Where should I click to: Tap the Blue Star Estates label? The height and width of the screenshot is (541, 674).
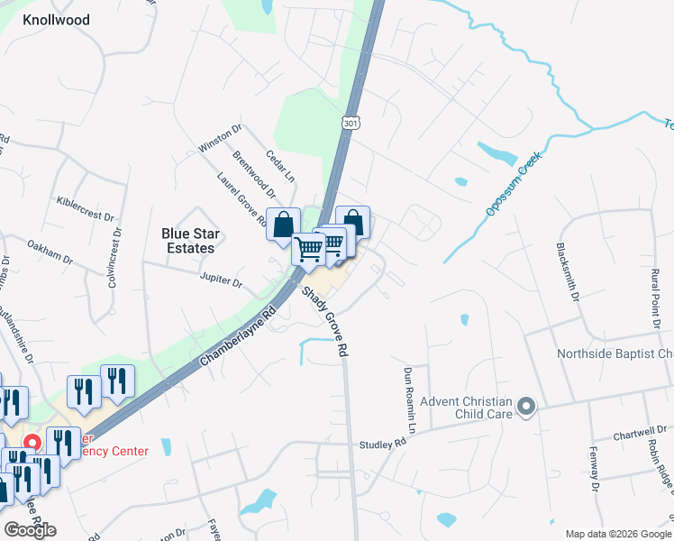click(x=188, y=240)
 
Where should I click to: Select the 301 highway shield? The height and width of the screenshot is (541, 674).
click(x=351, y=124)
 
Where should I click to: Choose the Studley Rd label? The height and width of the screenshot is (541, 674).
click(x=383, y=443)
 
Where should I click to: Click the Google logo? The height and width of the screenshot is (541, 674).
click(x=30, y=529)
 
